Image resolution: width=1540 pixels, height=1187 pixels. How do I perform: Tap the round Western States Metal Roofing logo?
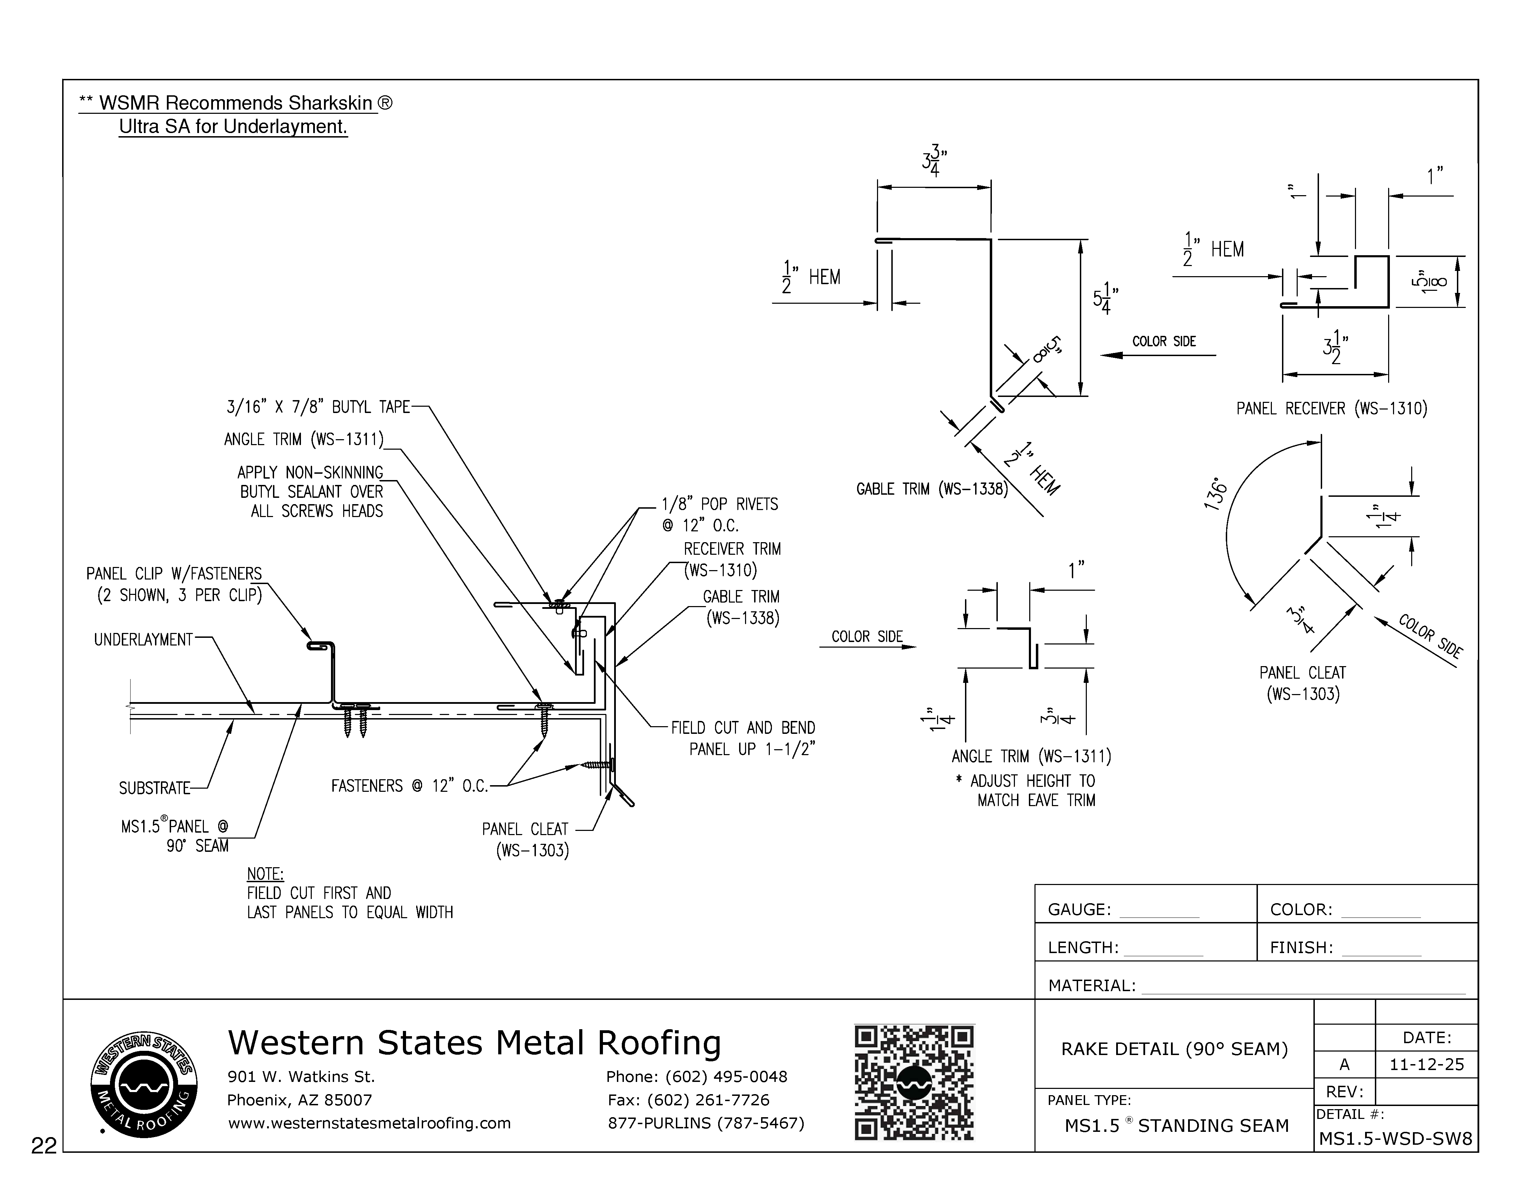[x=144, y=1083]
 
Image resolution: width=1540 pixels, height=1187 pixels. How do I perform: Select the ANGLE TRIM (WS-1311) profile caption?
[x=1031, y=757]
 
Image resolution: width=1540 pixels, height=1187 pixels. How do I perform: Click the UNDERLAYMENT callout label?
[x=143, y=640]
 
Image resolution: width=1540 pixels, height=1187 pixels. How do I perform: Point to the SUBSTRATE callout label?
[x=154, y=788]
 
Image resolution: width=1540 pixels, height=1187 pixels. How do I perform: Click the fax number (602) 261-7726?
[x=688, y=1100]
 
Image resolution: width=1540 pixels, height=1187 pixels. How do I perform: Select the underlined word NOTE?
[x=265, y=874]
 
